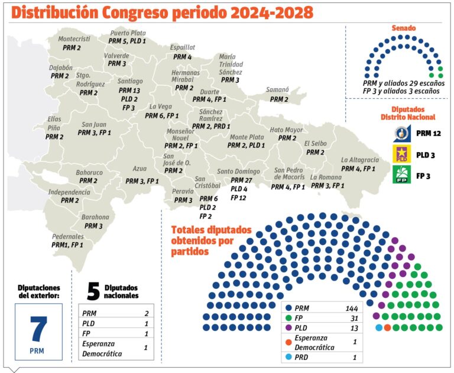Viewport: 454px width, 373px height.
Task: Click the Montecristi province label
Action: tap(74, 39)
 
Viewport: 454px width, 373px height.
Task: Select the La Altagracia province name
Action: tap(359, 160)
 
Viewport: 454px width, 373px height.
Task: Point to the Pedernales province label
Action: tap(67, 236)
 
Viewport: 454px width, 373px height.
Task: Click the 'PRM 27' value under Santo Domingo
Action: tap(241, 180)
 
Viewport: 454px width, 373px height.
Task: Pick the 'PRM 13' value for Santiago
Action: tap(128, 90)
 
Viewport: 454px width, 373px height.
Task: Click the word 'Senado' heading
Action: tap(404, 28)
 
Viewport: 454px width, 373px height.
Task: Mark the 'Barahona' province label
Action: tap(95, 217)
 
